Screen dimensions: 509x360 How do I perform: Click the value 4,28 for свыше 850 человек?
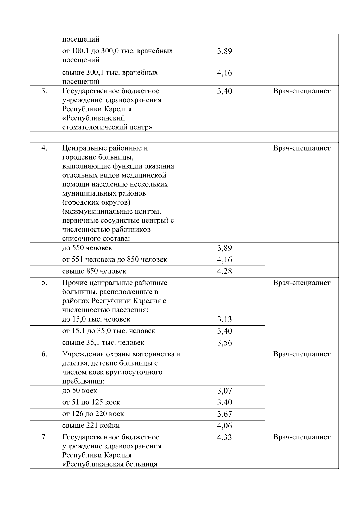[224, 271]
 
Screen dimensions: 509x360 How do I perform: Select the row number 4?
[44, 148]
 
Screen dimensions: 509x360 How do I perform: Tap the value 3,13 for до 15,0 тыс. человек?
[224, 319]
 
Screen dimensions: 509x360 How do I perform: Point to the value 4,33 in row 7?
[224, 437]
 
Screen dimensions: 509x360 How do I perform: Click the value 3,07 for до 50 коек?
[224, 391]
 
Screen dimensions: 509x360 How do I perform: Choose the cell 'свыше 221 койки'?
[91, 425]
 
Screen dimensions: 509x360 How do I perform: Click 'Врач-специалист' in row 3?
[301, 91]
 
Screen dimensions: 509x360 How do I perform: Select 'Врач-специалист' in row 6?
[301, 354]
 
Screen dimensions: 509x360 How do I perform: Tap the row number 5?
[44, 283]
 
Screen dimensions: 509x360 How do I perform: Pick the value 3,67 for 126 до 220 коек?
[224, 414]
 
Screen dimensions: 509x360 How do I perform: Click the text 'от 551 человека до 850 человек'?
[115, 259]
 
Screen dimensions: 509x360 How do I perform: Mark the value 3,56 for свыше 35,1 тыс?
[224, 343]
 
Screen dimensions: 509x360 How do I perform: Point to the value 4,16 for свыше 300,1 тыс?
[224, 73]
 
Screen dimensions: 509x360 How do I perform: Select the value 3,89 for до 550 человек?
[224, 248]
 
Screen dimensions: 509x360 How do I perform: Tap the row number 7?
[44, 437]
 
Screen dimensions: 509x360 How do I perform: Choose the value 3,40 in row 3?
[224, 91]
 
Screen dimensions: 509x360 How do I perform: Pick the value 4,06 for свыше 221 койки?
[224, 426]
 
